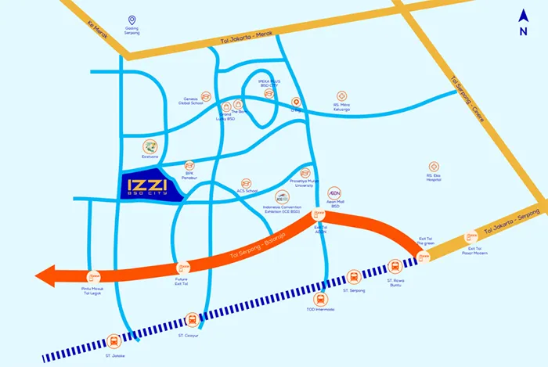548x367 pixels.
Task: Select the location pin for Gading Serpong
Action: click(132, 20)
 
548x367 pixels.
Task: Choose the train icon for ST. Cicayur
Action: click(192, 319)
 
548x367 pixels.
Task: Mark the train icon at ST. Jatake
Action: click(114, 341)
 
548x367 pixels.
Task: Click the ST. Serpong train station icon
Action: click(354, 276)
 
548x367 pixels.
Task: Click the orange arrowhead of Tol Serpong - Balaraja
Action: click(47, 275)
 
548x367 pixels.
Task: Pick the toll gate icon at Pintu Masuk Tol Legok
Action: click(94, 276)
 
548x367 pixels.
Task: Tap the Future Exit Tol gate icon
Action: click(182, 267)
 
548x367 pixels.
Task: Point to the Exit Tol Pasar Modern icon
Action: click(471, 236)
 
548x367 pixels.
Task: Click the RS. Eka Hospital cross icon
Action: click(434, 167)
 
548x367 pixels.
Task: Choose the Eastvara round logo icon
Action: click(150, 146)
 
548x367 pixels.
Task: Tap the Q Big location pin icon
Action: click(296, 102)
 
